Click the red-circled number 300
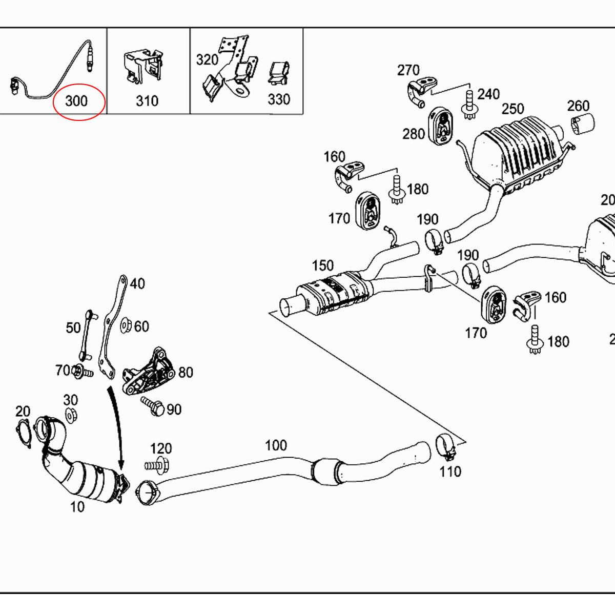click(77, 101)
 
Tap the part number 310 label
click(147, 101)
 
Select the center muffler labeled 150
click(331, 295)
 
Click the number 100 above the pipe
click(276, 445)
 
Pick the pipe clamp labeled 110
click(445, 446)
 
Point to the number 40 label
click(137, 283)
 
